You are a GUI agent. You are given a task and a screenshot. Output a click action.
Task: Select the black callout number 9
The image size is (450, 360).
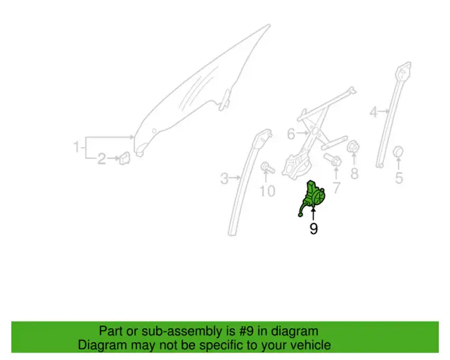[x=314, y=229]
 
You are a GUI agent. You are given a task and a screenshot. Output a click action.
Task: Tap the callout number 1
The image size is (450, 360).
[x=76, y=147]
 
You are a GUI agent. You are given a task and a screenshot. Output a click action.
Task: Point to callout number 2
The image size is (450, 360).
[x=102, y=159]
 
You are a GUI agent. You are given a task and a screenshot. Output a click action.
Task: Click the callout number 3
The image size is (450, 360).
[x=224, y=178]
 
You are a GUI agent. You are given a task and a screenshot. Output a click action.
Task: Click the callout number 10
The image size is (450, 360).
[x=267, y=191]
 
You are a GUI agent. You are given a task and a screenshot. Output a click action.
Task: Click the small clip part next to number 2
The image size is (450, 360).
[x=125, y=158]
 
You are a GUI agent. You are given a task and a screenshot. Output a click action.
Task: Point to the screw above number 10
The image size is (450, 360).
[x=267, y=168]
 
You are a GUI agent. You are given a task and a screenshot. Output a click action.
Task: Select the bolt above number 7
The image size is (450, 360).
[x=333, y=159]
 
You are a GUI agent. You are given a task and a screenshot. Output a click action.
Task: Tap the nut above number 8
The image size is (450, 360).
[x=353, y=147]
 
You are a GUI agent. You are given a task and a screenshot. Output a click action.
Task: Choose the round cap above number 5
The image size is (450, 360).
[x=398, y=152]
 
